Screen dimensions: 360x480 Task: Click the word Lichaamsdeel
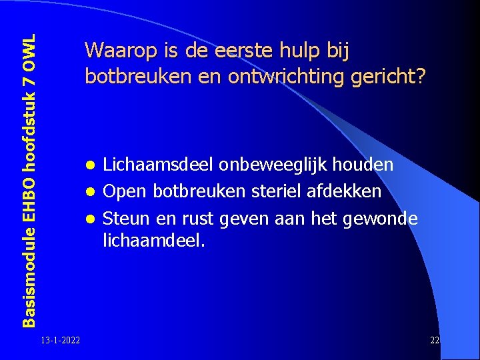coord(155,165)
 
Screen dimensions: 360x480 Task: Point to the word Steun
coord(127,219)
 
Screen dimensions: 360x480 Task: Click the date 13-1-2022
coord(60,341)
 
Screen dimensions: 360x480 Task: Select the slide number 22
coord(435,341)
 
